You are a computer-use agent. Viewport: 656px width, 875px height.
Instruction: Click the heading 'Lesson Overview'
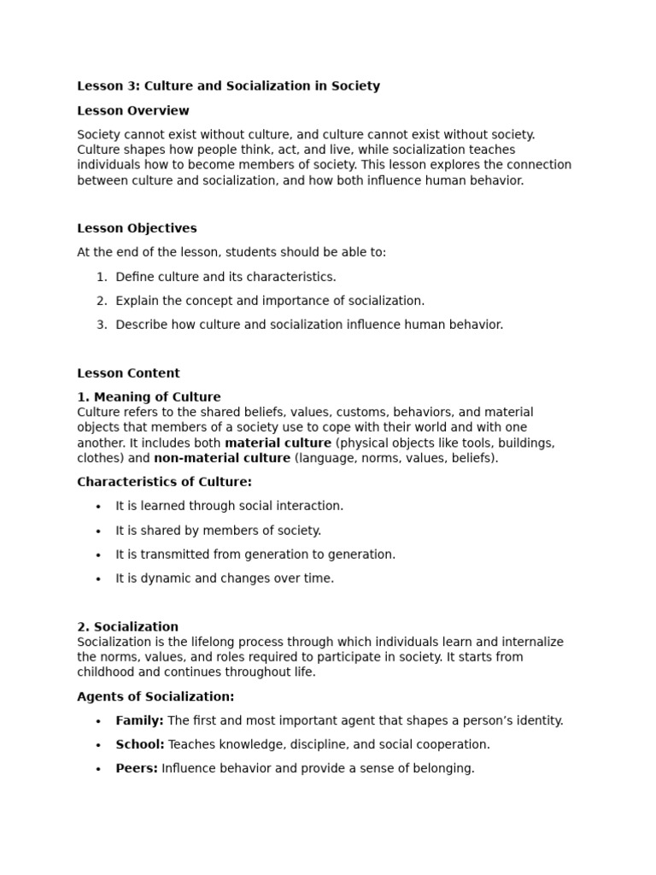(x=133, y=110)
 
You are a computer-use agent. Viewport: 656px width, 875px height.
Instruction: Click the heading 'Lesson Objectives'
(x=137, y=228)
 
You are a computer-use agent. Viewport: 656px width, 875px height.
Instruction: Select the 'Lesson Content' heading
(x=128, y=373)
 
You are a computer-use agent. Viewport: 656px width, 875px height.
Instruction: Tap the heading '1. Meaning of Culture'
(x=149, y=396)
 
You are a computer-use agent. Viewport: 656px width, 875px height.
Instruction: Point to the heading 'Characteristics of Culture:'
(x=164, y=482)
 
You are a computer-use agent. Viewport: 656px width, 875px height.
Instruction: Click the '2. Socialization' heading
(x=128, y=626)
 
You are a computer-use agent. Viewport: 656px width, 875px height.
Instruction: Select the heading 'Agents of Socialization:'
(x=155, y=696)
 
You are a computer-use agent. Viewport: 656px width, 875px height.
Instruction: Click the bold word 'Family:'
(x=139, y=720)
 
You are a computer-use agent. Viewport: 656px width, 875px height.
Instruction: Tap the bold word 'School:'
(x=140, y=744)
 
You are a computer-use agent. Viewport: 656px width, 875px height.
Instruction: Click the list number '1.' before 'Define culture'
(x=102, y=277)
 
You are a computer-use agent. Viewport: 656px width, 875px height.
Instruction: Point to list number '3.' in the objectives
(x=102, y=325)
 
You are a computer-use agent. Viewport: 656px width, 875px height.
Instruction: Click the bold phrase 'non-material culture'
(x=222, y=458)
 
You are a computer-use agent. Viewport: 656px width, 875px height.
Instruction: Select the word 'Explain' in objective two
(x=138, y=301)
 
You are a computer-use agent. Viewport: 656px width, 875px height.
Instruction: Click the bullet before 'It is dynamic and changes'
(x=99, y=578)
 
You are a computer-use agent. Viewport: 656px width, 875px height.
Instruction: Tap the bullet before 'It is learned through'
(x=99, y=507)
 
